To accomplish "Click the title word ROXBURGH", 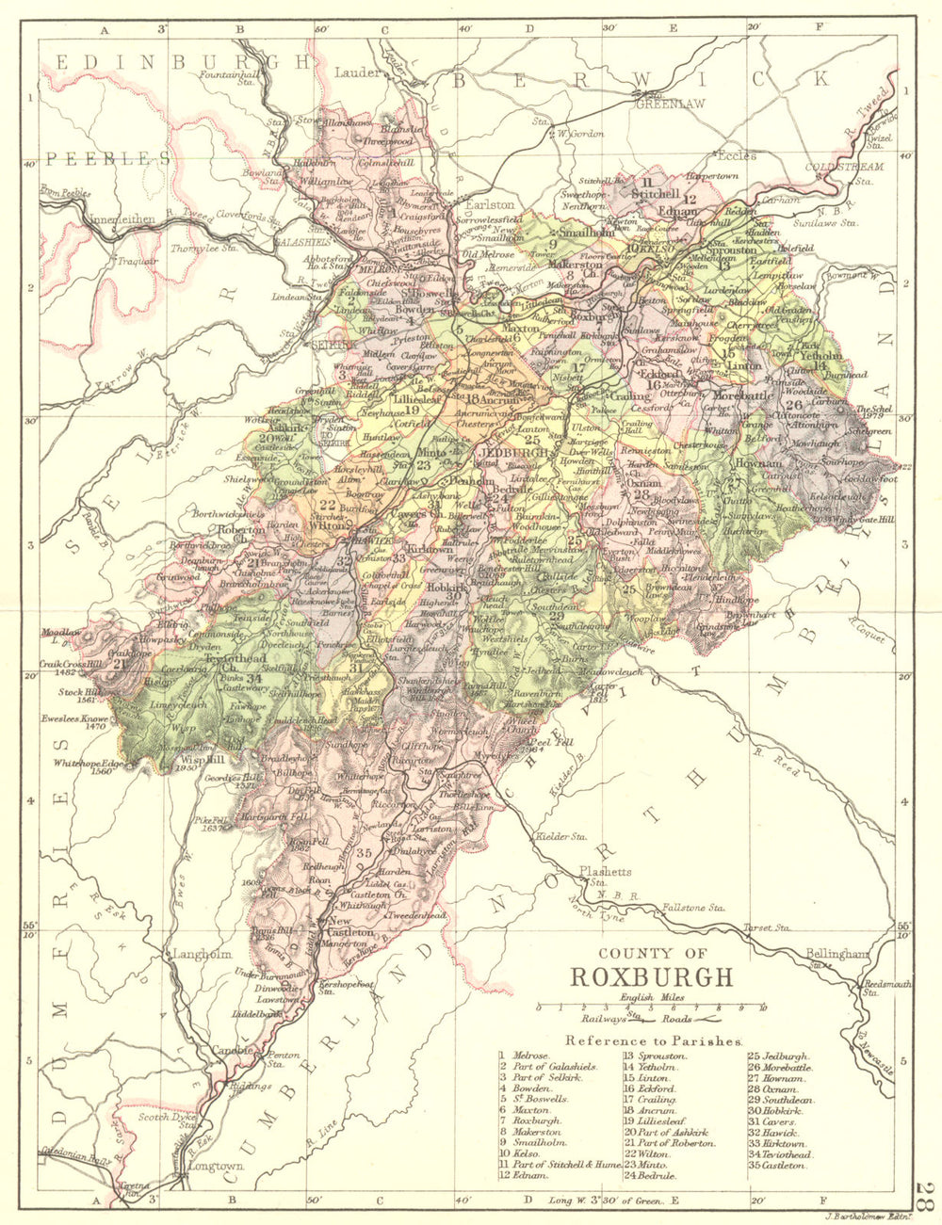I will (x=649, y=975).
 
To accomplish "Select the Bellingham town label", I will (x=836, y=954).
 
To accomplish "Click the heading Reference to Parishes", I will (x=655, y=1041).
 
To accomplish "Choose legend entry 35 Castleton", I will (x=776, y=1166).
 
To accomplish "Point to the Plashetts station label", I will (x=605, y=872).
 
